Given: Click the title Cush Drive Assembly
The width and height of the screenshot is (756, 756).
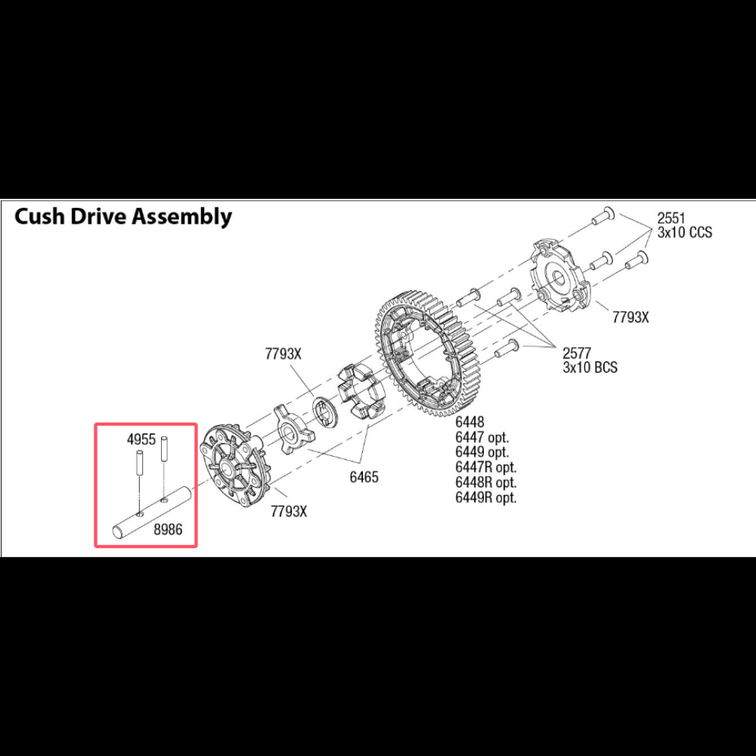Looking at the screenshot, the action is point(123,216).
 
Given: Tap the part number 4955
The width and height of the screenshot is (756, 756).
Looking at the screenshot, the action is point(141,440).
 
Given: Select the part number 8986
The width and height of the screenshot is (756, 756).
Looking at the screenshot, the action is point(168,529).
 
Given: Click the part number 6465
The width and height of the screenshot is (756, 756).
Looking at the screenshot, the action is point(364,477).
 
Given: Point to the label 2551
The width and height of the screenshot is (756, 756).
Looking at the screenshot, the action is point(671,218).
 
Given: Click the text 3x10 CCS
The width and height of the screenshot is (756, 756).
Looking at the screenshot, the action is point(685,232).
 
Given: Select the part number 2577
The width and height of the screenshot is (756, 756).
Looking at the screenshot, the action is point(577,353).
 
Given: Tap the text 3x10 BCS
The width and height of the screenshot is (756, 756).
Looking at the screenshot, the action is point(590,367).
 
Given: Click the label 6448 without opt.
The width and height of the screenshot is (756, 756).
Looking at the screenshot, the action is point(469,423).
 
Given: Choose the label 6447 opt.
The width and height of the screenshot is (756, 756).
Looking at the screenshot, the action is point(482,437).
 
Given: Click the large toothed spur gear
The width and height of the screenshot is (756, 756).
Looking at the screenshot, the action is point(424,355).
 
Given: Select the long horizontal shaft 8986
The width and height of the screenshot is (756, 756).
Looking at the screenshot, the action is point(153,512).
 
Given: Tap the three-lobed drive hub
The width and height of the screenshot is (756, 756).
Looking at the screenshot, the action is point(293,429).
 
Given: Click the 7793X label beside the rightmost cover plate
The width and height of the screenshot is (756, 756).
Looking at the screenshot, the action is point(631,318).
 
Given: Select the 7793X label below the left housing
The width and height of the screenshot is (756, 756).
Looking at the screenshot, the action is point(288,511).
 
